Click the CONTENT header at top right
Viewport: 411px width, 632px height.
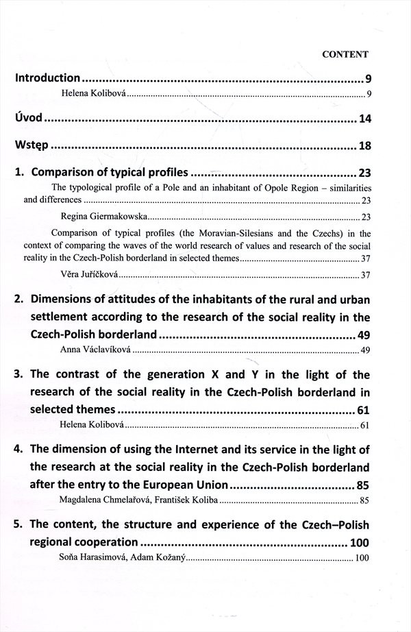345,53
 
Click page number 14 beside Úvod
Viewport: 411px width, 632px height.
364,119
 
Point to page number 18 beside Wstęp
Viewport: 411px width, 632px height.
364,147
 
